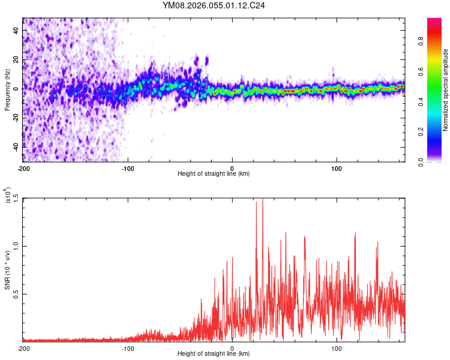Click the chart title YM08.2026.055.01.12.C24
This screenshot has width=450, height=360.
[x=214, y=5]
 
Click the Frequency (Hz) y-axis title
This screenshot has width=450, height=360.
[x=7, y=90]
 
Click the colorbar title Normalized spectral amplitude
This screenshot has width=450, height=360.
[x=446, y=90]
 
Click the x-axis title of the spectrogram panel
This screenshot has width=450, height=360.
[x=214, y=173]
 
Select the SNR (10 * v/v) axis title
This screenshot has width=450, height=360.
[x=7, y=270]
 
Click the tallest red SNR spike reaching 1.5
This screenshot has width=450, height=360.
[x=262, y=200]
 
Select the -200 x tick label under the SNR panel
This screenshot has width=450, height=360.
[x=23, y=348]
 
